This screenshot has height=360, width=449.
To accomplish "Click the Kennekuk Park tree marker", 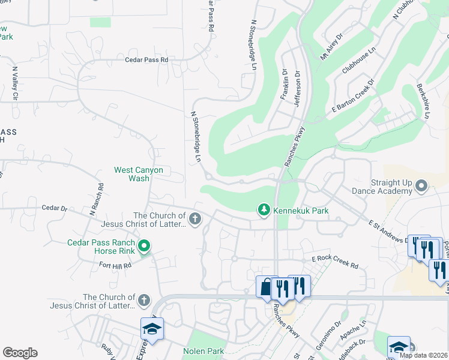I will coord(263,209).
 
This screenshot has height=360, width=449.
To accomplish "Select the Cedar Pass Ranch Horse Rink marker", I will coord(143,246).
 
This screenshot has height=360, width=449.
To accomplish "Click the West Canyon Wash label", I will coord(139,174).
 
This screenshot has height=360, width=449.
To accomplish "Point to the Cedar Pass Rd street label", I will coord(146,60).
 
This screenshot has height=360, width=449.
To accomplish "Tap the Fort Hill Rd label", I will coord(115,265).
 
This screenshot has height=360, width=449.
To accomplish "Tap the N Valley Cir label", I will coord(16,83).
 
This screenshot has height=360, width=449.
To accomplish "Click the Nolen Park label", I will coord(203,351).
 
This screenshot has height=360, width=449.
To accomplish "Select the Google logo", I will coord(20,353).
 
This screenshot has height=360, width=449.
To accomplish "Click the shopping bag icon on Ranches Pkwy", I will coord(266,287).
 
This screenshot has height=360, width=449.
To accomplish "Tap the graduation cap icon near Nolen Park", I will coord(152,329).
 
